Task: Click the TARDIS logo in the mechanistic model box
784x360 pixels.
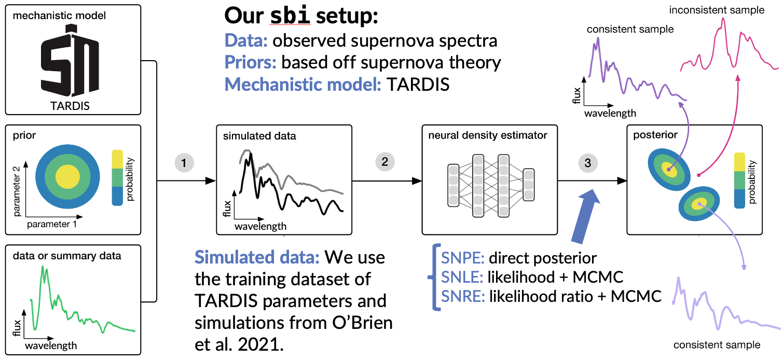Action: tap(70, 60)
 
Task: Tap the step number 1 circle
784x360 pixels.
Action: tap(184, 163)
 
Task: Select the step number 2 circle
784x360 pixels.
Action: tap(385, 162)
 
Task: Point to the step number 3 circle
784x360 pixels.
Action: tap(588, 163)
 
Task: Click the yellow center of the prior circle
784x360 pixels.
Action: tap(67, 177)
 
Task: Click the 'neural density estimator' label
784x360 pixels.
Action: tap(488, 135)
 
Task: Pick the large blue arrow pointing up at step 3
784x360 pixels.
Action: tap(586, 216)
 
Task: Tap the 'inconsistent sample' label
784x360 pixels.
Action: tap(717, 10)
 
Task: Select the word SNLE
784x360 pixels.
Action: tap(462, 278)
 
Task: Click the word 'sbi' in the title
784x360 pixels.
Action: tap(290, 16)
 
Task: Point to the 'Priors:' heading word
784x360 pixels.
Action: tap(250, 63)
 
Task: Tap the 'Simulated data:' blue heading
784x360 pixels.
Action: tap(257, 258)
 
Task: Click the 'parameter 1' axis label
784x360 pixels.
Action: tap(52, 224)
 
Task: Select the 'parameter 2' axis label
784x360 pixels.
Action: tap(17, 191)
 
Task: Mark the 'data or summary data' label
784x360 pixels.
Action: tap(67, 256)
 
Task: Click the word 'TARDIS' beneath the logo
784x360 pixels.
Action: tap(70, 106)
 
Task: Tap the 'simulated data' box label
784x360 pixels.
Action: tap(259, 136)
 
